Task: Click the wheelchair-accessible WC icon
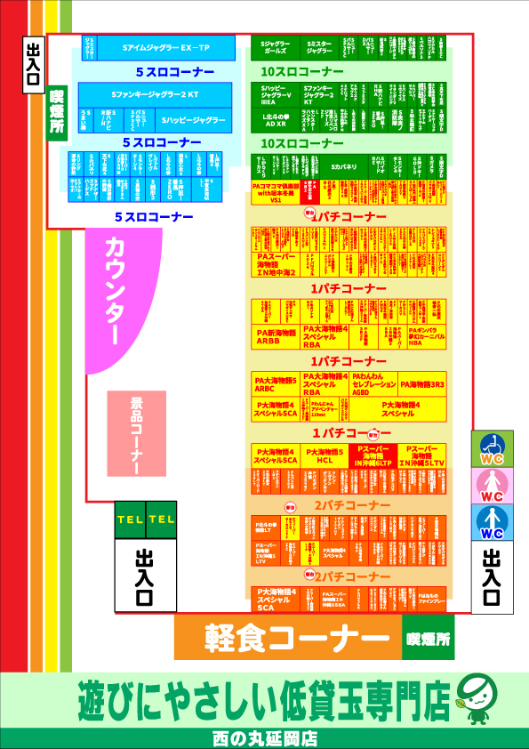pyautogui.click(x=492, y=450)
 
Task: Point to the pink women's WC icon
pyautogui.click(x=492, y=487)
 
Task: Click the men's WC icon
pyautogui.click(x=492, y=523)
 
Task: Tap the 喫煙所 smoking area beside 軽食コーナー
pyautogui.click(x=428, y=638)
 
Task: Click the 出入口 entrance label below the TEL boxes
pyautogui.click(x=144, y=576)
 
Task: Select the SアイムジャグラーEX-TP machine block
pyautogui.click(x=165, y=47)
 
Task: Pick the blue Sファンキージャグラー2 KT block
pyautogui.click(x=154, y=93)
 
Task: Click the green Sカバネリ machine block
pyautogui.click(x=343, y=165)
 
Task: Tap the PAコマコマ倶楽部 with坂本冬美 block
pyautogui.click(x=276, y=192)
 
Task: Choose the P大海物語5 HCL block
pyautogui.click(x=325, y=456)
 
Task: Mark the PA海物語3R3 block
pyautogui.click(x=422, y=384)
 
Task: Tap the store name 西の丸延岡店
pyautogui.click(x=264, y=738)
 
